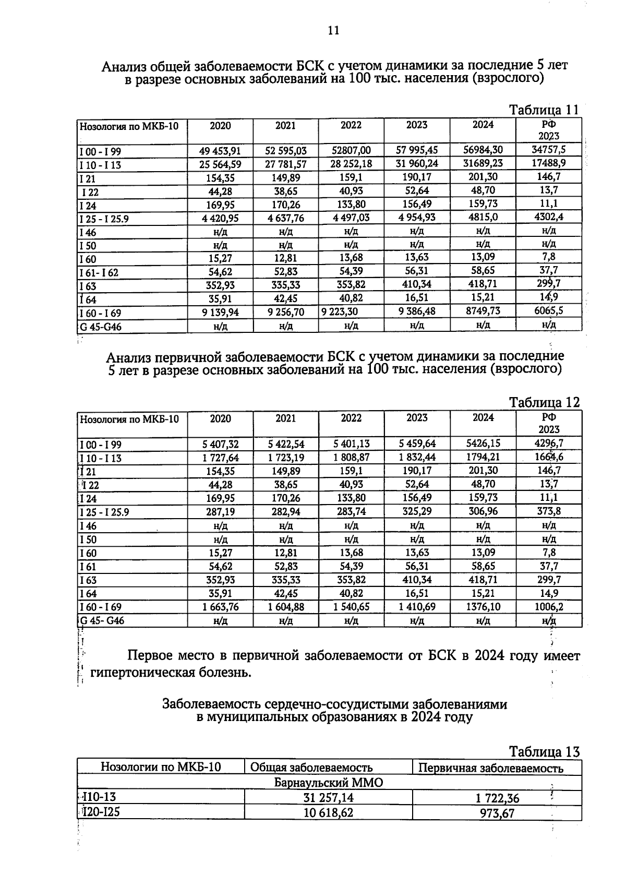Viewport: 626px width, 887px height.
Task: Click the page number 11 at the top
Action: [333, 30]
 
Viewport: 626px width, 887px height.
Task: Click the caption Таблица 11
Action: [544, 110]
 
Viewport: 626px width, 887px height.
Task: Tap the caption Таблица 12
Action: [544, 402]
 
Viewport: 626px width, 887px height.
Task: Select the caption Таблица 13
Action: [544, 752]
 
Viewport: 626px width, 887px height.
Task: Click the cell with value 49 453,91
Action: [220, 151]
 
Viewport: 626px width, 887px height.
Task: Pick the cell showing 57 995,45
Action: [416, 150]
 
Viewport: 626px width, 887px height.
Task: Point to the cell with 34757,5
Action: [548, 150]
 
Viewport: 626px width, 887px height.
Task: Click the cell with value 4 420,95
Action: [220, 218]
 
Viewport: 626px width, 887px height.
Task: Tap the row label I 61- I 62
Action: [99, 272]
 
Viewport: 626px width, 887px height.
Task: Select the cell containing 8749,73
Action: [483, 310]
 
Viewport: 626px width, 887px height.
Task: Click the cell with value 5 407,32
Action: [220, 444]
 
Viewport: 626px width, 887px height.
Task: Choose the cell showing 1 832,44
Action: [416, 458]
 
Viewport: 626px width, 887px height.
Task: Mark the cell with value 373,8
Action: [548, 511]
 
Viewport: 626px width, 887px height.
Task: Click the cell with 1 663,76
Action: [220, 607]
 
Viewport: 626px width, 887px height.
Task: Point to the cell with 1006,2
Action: [548, 607]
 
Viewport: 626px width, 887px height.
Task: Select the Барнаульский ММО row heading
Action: [329, 783]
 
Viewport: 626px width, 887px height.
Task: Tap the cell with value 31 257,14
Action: [328, 798]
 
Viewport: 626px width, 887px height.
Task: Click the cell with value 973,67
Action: [497, 813]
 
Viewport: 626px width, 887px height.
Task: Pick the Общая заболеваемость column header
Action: [311, 768]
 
